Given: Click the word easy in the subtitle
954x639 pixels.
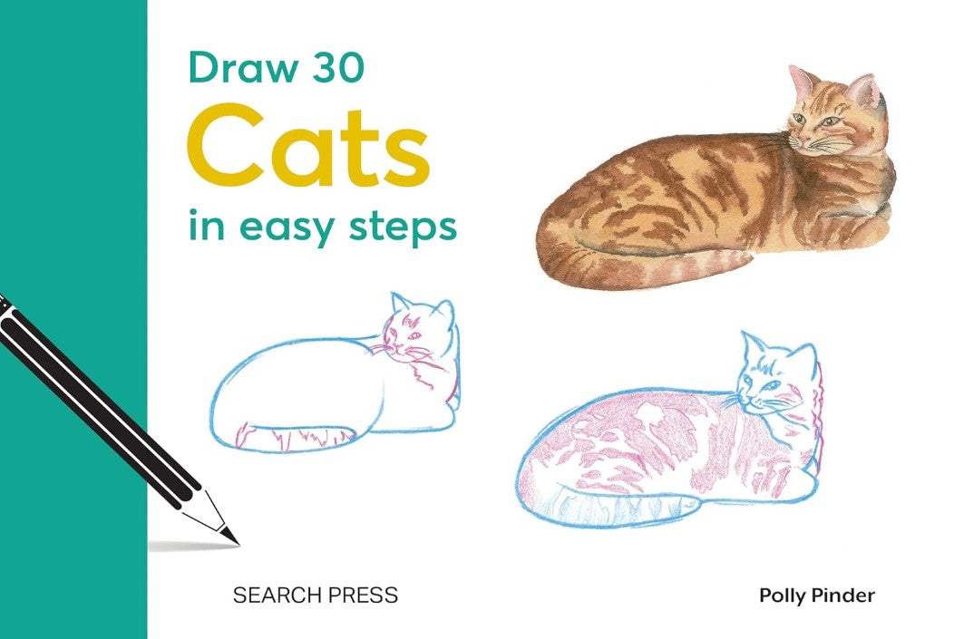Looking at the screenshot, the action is click(286, 228).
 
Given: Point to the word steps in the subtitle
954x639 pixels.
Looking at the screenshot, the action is click(403, 228).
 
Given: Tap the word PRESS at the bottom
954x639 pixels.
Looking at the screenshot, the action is click(361, 595).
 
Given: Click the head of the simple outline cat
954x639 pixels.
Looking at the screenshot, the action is click(420, 332).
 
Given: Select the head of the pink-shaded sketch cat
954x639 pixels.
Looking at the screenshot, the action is click(775, 377).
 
